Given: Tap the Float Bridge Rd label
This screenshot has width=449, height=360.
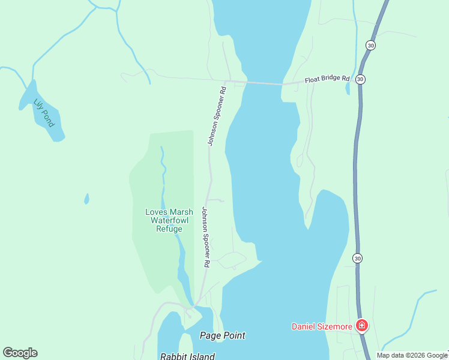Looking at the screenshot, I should [327, 79].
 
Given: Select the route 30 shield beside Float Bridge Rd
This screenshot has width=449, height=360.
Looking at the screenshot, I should [360, 79].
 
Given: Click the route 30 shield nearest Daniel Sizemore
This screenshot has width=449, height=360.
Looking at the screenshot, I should [358, 259].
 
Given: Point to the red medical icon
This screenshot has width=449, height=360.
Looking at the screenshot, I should [361, 326].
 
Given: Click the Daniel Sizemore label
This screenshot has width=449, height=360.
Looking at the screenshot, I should [321, 327].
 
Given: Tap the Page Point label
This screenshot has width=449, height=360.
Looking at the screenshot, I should [223, 335].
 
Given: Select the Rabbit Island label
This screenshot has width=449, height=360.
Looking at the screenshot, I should [187, 356].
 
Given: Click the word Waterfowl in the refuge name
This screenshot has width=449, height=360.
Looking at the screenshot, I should [169, 220].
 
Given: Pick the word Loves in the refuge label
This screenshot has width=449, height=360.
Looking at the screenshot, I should [156, 212].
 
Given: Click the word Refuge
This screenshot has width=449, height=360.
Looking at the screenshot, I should [169, 229].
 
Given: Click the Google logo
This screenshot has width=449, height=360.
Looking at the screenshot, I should [20, 353].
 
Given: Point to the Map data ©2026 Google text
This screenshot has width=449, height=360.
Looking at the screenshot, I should [412, 355].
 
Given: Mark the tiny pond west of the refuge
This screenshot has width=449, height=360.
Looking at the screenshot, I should [86, 199].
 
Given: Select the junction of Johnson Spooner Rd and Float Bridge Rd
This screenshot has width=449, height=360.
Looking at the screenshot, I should [226, 81].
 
